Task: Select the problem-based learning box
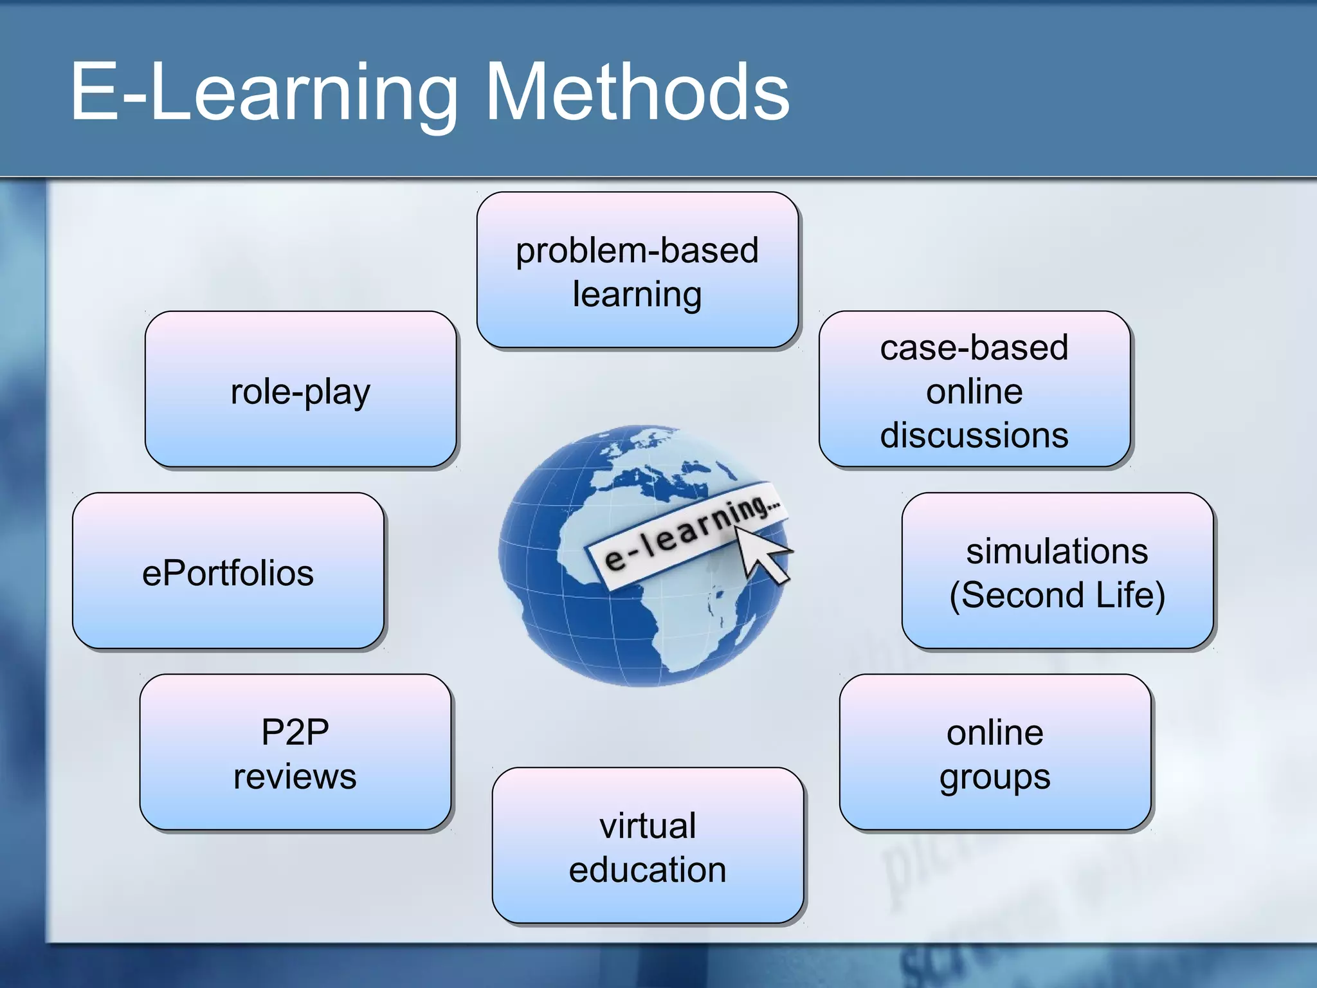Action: coord(637,270)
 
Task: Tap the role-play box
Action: coord(300,389)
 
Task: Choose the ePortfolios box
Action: coord(228,571)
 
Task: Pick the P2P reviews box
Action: coord(295,752)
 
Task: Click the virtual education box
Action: coord(648,845)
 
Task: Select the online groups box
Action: coord(995,752)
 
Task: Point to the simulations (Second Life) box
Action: coord(1057,571)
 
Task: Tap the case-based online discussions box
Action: coord(974,389)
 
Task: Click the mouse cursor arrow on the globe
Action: coord(761,553)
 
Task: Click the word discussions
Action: coord(974,435)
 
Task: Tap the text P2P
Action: coord(295,732)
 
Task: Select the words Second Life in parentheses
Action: coord(1057,594)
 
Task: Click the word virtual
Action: coord(648,825)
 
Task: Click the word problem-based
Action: coord(637,251)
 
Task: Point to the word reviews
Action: coord(295,776)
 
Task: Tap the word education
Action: coord(648,870)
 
